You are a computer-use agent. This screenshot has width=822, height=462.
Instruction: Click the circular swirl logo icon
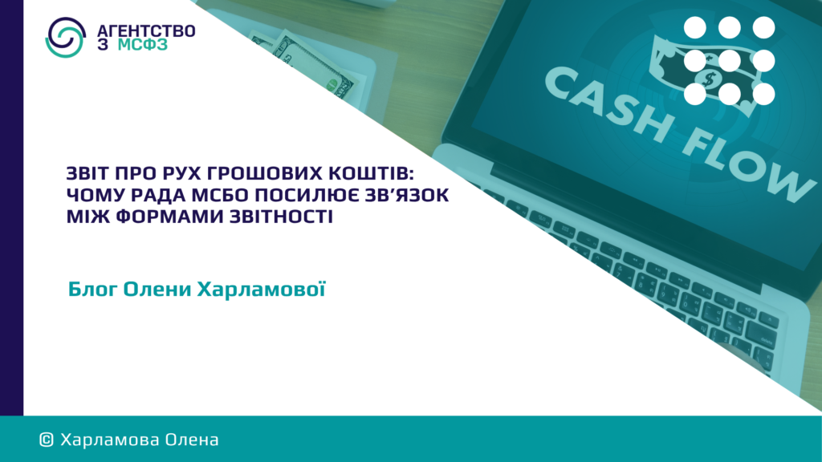pos(66,37)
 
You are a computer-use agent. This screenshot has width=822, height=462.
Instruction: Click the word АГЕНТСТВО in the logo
pos(146,31)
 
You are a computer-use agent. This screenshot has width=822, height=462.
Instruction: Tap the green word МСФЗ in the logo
pos(143,45)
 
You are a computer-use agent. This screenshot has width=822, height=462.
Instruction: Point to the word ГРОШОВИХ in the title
pos(263,173)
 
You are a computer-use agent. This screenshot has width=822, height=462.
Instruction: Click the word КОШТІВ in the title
pos(371,173)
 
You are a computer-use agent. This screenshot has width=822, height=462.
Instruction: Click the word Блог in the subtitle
pos(92,290)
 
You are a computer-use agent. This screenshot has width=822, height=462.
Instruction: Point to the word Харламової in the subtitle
pos(261,289)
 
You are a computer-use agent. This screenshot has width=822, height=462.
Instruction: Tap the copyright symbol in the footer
pos(47,440)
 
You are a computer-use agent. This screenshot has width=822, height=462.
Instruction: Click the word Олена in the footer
pos(192,440)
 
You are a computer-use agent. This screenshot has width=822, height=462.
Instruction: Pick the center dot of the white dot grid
pos(729,61)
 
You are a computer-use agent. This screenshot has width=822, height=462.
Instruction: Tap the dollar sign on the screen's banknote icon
pos(710,79)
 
